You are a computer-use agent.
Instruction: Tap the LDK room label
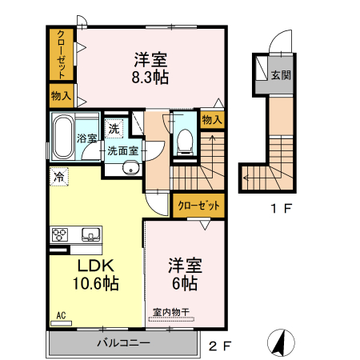pyautogui.click(x=97, y=266)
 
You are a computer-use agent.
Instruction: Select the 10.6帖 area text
pyautogui.click(x=97, y=284)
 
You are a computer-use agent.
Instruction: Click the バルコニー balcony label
pyautogui.click(x=123, y=344)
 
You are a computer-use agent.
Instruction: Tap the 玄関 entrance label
pyautogui.click(x=280, y=76)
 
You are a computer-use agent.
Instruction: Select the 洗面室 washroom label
pyautogui.click(x=122, y=150)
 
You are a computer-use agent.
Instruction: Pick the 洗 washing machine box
pyautogui.click(x=114, y=128)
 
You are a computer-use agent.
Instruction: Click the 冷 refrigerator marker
pyautogui.click(x=58, y=178)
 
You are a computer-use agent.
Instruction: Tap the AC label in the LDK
pyautogui.click(x=60, y=315)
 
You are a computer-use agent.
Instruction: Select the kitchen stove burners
pyautogui.click(x=60, y=234)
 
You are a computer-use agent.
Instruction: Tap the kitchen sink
pyautogui.click(x=89, y=234)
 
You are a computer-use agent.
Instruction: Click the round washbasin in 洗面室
pyautogui.click(x=130, y=168)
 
